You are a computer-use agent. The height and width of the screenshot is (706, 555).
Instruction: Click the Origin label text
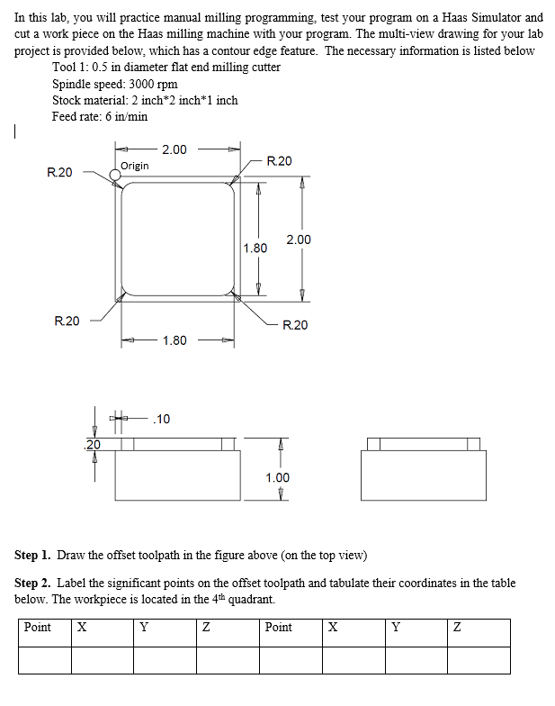click(x=135, y=166)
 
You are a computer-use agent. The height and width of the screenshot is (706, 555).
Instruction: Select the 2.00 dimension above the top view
click(x=175, y=149)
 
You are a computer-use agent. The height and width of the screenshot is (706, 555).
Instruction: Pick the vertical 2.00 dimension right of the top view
click(x=299, y=240)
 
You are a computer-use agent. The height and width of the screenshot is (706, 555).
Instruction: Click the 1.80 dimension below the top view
click(x=175, y=340)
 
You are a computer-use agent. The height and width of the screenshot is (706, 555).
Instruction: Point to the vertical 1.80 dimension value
click(x=255, y=248)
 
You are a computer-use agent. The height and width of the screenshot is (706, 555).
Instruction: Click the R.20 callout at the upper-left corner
click(x=59, y=171)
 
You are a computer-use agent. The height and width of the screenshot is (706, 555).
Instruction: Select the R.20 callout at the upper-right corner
click(x=280, y=161)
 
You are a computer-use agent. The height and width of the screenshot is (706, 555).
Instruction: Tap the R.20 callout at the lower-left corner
click(x=67, y=321)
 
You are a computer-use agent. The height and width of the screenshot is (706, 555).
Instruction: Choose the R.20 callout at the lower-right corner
click(x=295, y=324)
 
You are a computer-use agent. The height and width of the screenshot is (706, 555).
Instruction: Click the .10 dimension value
click(x=163, y=419)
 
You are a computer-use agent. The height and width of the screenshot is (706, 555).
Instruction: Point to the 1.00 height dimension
click(x=278, y=478)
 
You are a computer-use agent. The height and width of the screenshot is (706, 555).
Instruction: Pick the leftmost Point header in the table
click(x=37, y=627)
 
